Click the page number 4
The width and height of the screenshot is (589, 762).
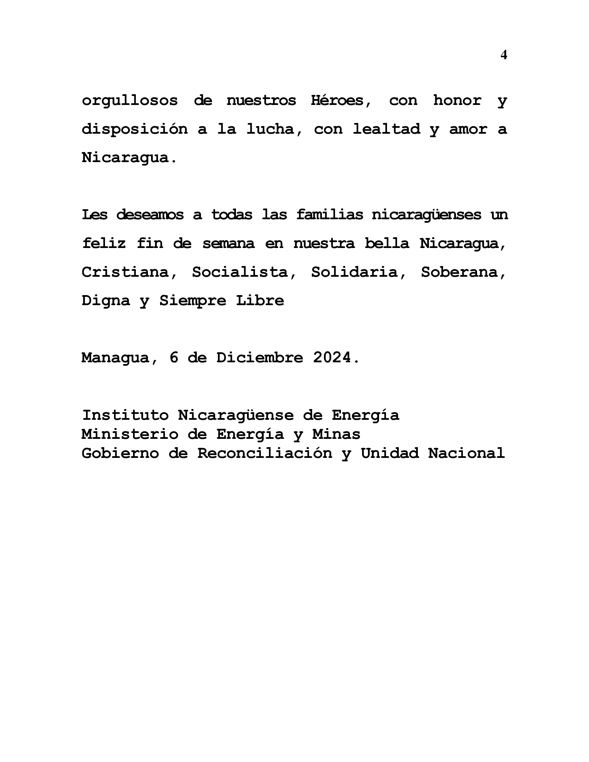click(x=503, y=55)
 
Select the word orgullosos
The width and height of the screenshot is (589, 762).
click(x=130, y=101)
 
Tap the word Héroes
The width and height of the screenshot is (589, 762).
click(x=341, y=101)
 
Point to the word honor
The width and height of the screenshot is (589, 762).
click(x=457, y=101)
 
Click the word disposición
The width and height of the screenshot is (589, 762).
click(x=134, y=130)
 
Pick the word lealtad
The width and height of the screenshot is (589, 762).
click(x=386, y=130)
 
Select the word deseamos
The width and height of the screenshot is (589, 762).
click(x=150, y=215)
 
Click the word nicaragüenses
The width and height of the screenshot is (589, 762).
click(x=426, y=215)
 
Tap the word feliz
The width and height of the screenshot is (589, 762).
click(x=104, y=243)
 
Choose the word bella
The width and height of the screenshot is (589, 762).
click(x=387, y=243)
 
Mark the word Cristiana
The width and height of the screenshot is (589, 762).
click(x=129, y=272)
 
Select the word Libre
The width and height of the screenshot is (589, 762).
click(x=260, y=301)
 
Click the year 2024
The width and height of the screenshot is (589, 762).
click(x=332, y=358)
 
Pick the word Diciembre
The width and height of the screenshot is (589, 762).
click(x=260, y=358)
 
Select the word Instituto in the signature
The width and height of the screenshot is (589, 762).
click(x=125, y=416)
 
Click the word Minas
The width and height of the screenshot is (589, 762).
click(x=336, y=435)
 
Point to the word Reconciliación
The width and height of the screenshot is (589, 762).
click(x=264, y=454)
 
